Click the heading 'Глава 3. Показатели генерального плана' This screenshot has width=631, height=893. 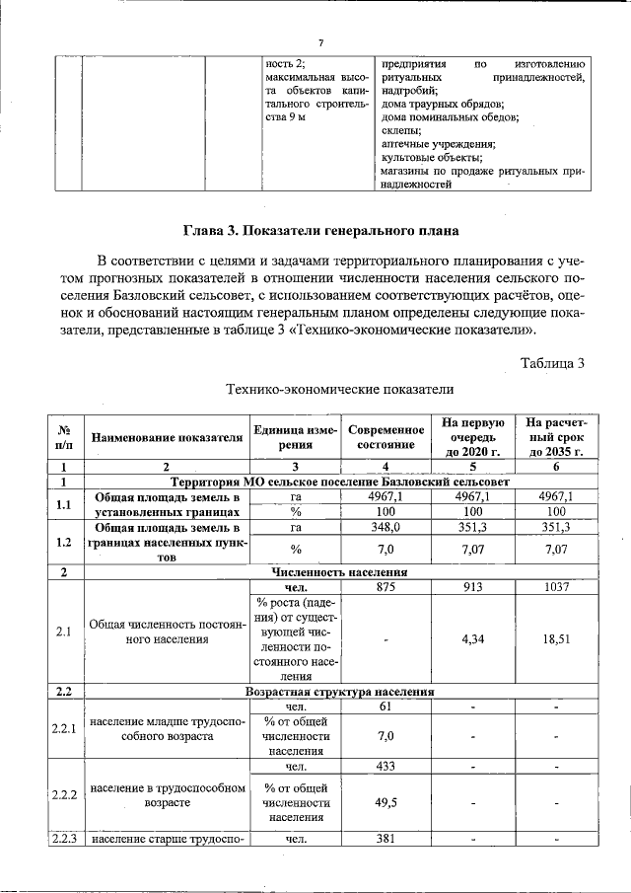pyautogui.click(x=320, y=232)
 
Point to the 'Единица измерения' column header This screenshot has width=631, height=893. pyautogui.click(x=295, y=437)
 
